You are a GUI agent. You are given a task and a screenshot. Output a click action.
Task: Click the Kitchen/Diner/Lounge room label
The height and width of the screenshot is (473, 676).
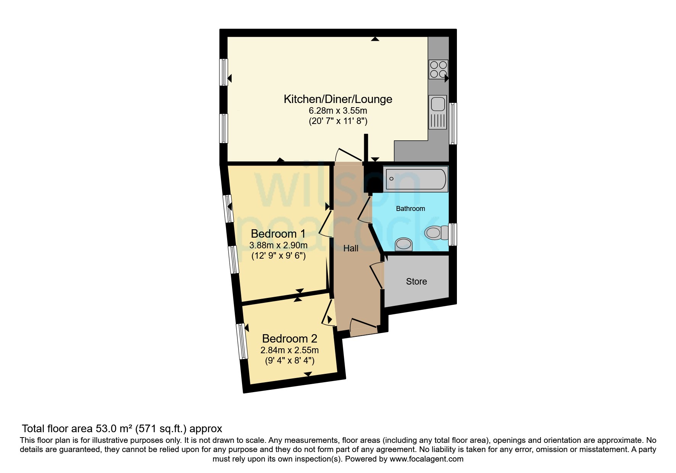pos(338,99)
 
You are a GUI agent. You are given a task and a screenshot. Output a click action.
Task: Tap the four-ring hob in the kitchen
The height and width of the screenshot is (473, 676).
pos(438,69)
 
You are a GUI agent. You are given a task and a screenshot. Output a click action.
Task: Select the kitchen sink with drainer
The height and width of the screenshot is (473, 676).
pos(438,112)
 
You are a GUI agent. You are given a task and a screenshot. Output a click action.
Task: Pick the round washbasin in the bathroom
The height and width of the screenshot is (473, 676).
pos(403,244)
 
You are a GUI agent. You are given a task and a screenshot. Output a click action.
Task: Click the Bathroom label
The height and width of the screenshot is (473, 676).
pos(410,209)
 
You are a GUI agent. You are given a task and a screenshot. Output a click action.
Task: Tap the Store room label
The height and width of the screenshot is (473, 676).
pos(416,282)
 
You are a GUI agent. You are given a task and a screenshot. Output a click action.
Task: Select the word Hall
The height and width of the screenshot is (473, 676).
pos(351,248)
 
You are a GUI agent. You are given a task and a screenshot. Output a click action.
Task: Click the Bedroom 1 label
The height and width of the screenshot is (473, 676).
pos(278,233)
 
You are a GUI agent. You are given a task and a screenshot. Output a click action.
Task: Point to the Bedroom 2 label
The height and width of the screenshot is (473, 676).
pos(290,338)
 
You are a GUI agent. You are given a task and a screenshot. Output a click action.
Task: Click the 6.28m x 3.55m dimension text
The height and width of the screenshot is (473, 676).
pos(338,111)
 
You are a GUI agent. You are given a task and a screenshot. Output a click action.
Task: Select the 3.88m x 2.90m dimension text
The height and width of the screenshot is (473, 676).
pos(278,245)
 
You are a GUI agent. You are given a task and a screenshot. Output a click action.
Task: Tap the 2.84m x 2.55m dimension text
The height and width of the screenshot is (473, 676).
pos(290,350)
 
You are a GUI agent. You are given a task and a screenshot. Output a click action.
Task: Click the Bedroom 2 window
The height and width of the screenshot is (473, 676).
pos(242,341)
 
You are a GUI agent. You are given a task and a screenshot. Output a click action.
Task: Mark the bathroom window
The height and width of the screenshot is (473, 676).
pos(452,234)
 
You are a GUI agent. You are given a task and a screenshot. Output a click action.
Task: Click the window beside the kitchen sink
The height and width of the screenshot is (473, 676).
pos(453,123)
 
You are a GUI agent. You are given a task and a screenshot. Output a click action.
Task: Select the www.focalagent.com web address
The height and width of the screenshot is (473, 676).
pos(426,459)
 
